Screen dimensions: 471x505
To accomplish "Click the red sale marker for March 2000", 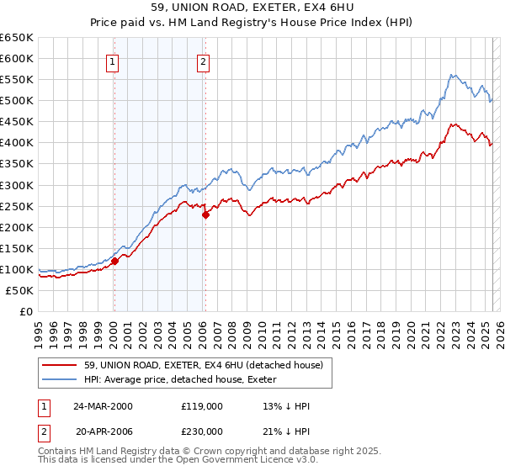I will [x=114, y=261].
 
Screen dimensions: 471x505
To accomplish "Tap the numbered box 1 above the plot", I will [x=113, y=61].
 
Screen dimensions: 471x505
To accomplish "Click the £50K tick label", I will [x=20, y=290].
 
